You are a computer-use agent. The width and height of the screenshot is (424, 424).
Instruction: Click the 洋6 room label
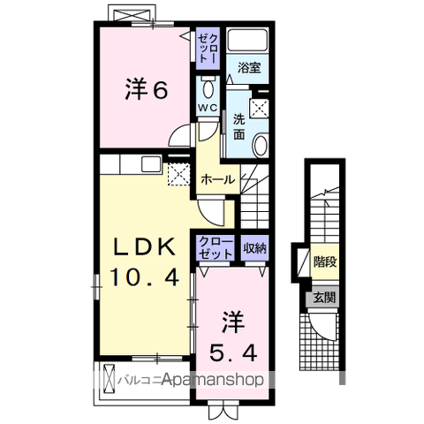146,89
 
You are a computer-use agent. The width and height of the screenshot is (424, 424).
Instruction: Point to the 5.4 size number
233,352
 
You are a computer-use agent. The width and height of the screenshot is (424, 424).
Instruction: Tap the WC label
208,107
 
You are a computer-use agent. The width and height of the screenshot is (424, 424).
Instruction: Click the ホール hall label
217,178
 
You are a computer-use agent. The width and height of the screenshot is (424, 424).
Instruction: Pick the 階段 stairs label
324,261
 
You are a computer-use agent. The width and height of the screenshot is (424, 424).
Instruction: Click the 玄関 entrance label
323,298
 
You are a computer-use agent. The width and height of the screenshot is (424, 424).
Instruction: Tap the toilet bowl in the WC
208,90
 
